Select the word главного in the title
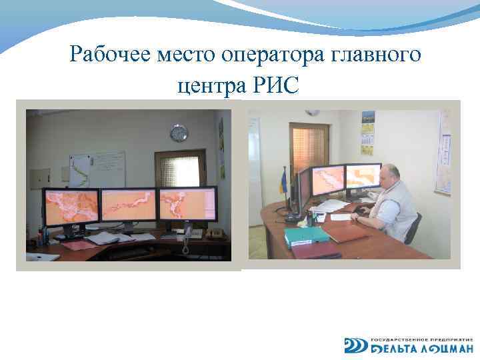click(x=376, y=54)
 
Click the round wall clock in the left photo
click(x=179, y=133)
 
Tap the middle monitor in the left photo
click(x=128, y=205)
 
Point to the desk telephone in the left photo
click(x=188, y=233)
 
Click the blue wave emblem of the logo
click(x=355, y=345)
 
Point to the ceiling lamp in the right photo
click(x=311, y=113)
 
